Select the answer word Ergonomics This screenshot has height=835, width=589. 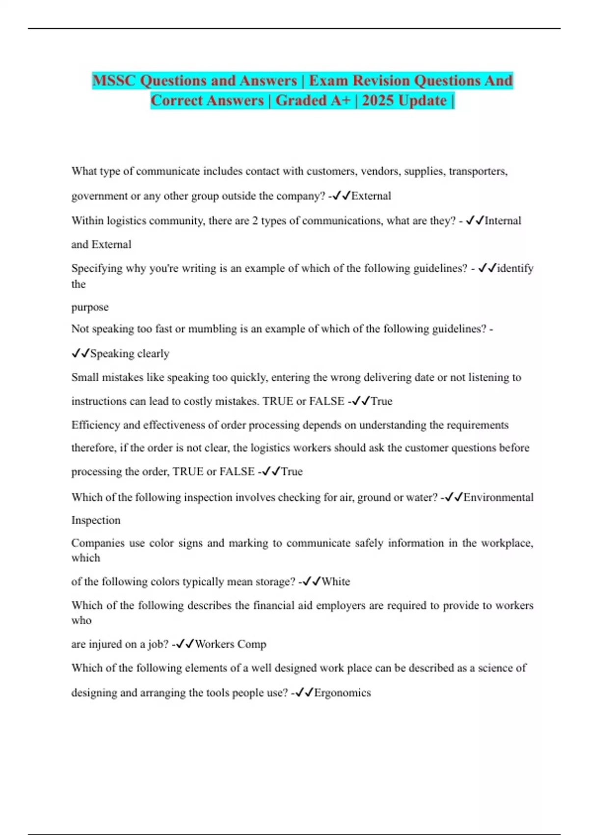[x=342, y=693]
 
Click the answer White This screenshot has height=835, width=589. [x=336, y=582]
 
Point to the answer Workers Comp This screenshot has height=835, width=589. [x=230, y=644]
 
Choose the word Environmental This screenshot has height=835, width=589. [x=498, y=498]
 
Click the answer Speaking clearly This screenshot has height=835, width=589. [x=130, y=354]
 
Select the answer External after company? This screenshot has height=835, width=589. [x=371, y=196]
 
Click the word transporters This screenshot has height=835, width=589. [x=478, y=171]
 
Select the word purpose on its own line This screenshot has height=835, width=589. [x=90, y=307]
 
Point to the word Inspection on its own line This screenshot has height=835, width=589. [x=96, y=520]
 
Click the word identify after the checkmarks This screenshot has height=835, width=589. [x=515, y=269]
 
